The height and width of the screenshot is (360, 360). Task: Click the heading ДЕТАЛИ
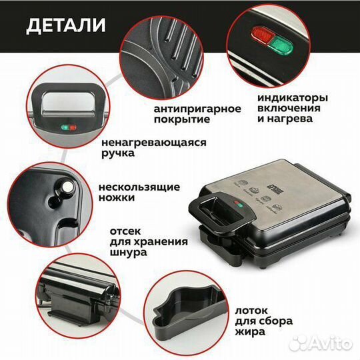point(65,25)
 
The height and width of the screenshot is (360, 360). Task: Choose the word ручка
point(118,153)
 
